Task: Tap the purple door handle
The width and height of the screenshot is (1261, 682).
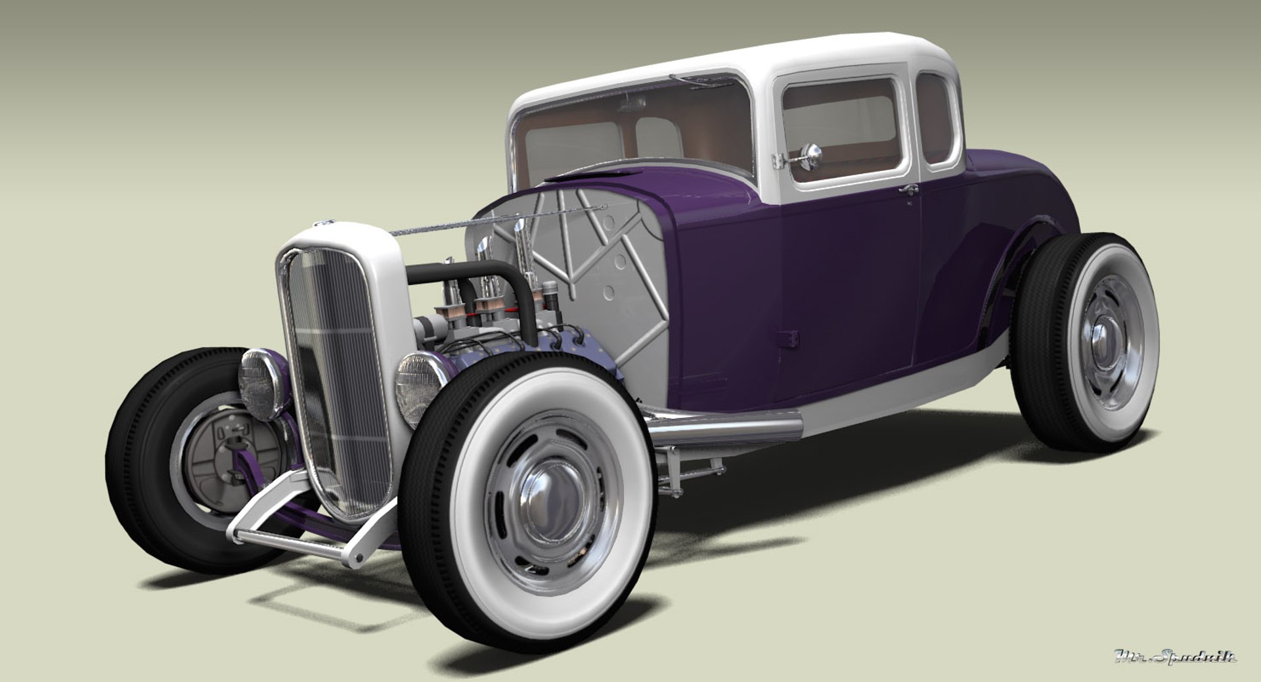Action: pos(909,191)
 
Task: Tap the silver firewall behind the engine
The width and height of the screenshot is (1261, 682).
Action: pos(591,276)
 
